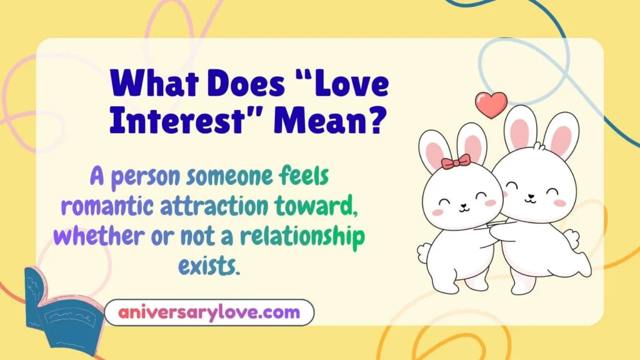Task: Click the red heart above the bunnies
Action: point(491,104)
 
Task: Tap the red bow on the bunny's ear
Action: point(456,162)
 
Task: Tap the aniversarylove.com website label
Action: point(209,312)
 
